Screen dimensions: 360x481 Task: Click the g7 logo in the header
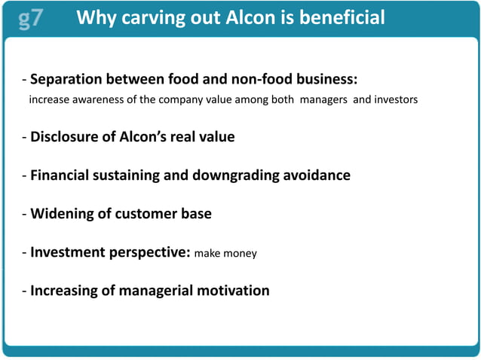click(x=30, y=17)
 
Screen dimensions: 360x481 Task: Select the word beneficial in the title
click(x=344, y=17)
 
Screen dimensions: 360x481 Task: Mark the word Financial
click(x=61, y=175)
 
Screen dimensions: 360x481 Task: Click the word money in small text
click(x=240, y=254)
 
